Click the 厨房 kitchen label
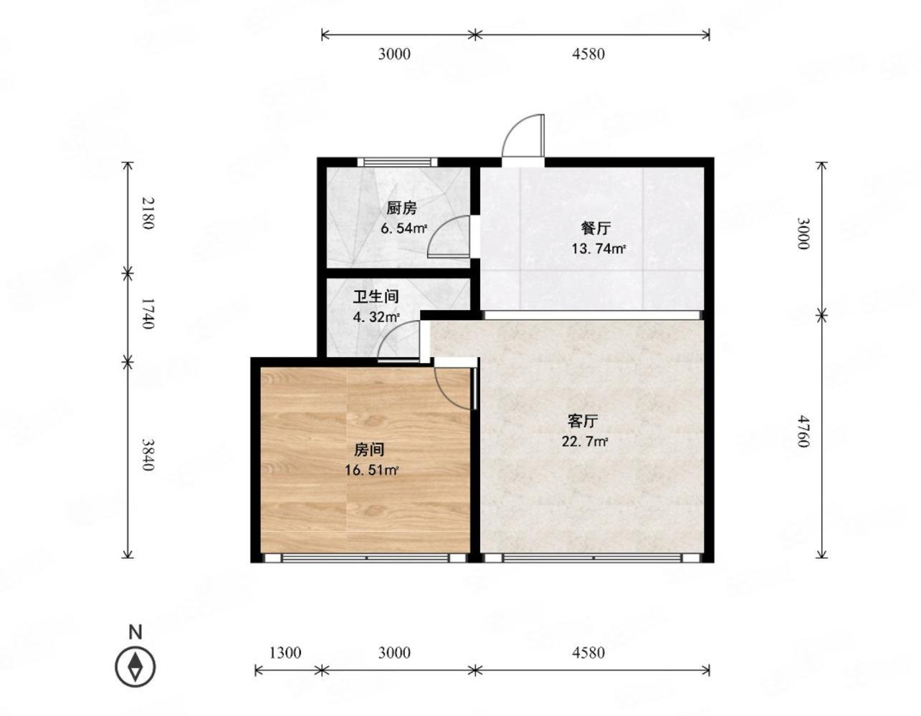coord(401,208)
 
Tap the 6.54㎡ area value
coord(404,229)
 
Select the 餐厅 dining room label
coord(596,228)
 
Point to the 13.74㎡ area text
coord(598,249)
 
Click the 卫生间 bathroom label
coord(376,296)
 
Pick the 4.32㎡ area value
coord(376,316)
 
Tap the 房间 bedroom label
coord(369,450)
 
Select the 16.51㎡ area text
coord(371,470)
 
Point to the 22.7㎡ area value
coord(584,442)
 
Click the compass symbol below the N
coord(135,667)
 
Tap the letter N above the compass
coord(135,632)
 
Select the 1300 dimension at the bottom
coord(285,652)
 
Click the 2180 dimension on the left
coord(147,213)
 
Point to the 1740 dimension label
coord(147,314)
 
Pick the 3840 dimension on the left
coord(147,455)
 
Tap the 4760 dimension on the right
coord(803,431)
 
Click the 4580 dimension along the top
coord(588,54)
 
